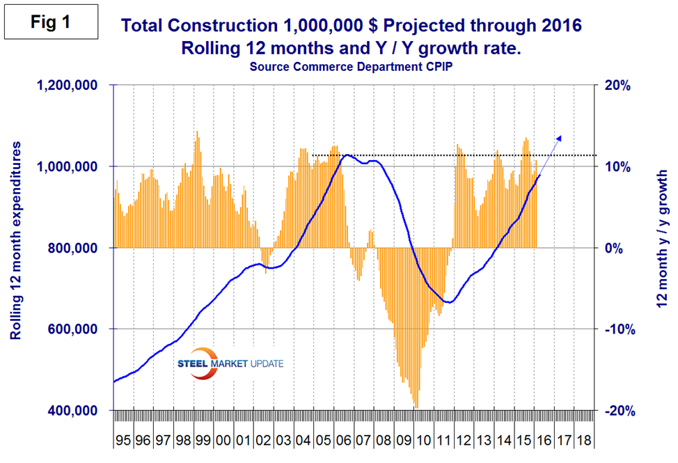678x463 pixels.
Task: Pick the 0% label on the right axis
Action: click(616, 248)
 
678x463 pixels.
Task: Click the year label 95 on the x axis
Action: click(124, 441)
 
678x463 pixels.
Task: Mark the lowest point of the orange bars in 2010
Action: click(416, 407)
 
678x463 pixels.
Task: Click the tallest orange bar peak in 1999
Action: click(196, 131)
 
